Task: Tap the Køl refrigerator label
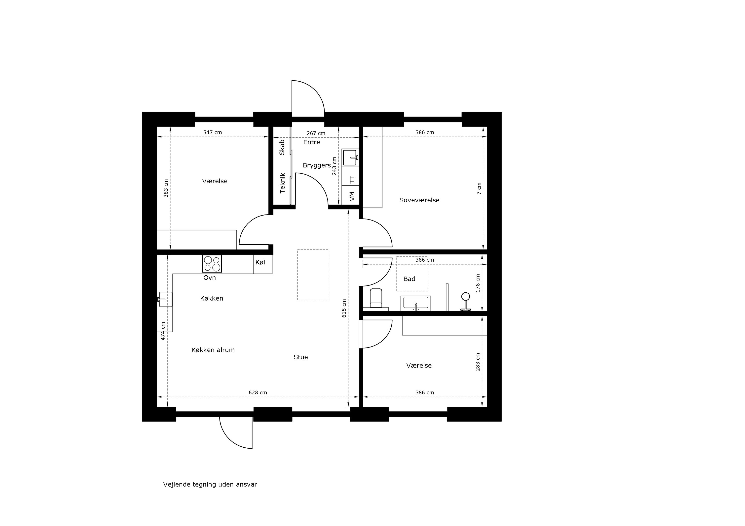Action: [260, 262]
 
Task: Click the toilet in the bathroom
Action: [376, 298]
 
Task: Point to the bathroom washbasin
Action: [416, 303]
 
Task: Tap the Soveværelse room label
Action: [419, 200]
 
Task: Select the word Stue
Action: [301, 357]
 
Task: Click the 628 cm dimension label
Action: [258, 393]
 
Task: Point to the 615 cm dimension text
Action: [344, 308]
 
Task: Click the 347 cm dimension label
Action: [213, 132]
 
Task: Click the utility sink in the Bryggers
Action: [350, 157]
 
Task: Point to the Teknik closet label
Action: [282, 183]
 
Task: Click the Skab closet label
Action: [282, 147]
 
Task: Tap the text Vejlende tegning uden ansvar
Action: [210, 485]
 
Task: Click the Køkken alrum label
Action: [213, 350]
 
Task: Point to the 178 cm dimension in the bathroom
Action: [478, 283]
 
